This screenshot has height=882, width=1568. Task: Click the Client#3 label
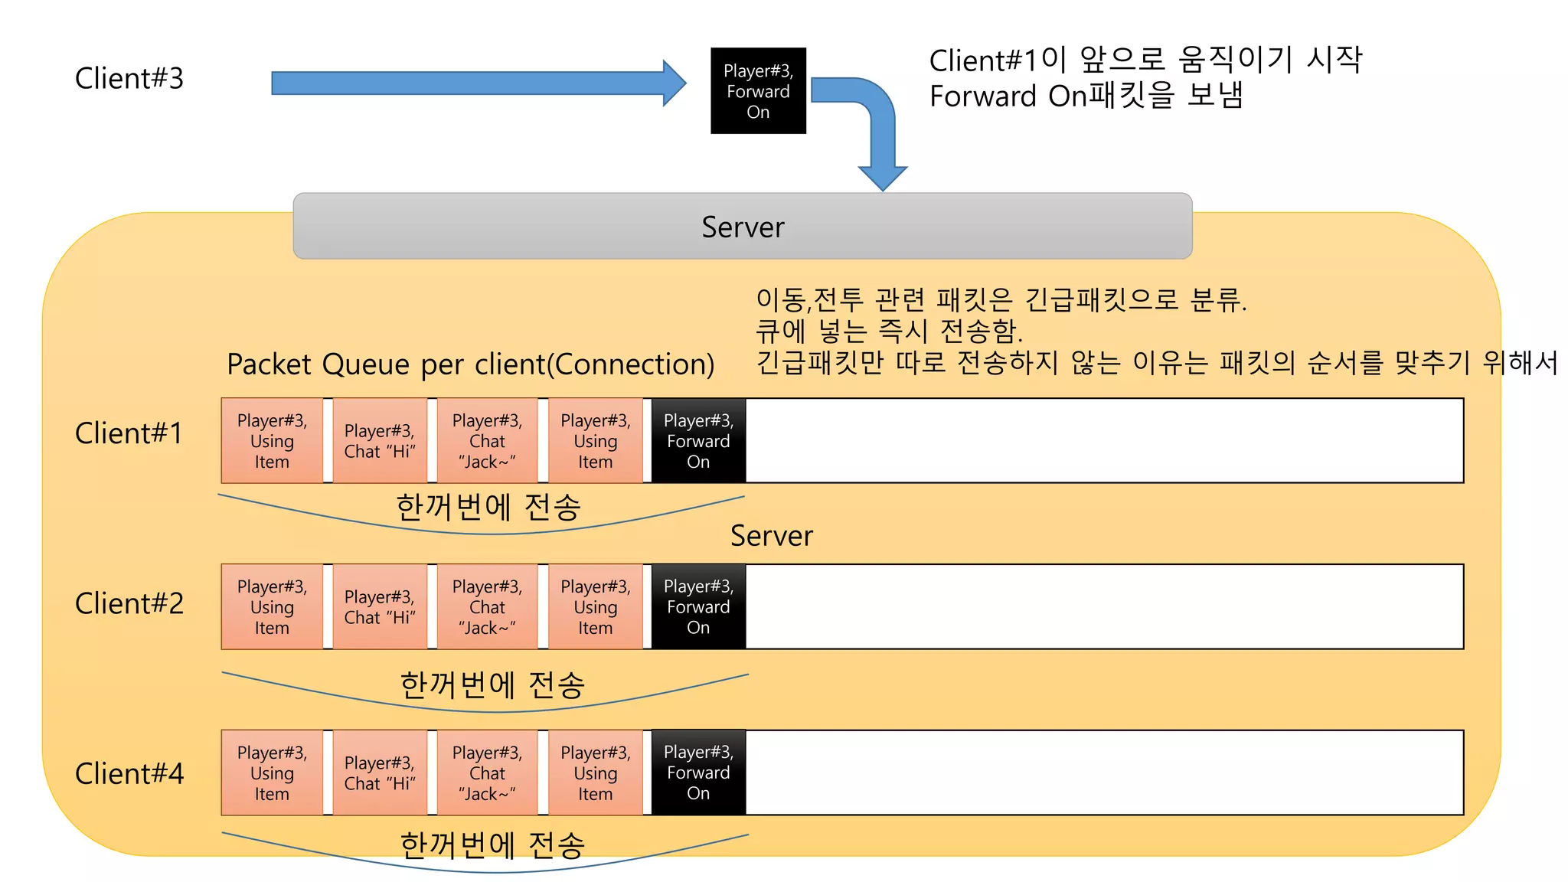(x=129, y=79)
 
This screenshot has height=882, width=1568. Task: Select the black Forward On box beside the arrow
(x=758, y=91)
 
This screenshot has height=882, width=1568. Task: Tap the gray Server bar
(x=742, y=227)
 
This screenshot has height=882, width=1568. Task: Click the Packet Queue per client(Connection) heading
(x=470, y=364)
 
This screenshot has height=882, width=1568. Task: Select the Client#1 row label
(x=129, y=433)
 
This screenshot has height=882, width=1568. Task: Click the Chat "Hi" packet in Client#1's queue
(x=380, y=441)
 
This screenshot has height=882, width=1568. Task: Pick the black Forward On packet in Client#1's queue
(x=698, y=441)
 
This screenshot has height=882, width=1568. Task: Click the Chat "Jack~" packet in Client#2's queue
(x=487, y=607)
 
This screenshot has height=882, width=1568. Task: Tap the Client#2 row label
(x=129, y=603)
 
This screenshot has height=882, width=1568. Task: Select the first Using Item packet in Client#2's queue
(x=272, y=607)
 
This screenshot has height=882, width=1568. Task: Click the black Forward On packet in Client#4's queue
(x=698, y=773)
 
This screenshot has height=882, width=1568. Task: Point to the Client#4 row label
(x=129, y=773)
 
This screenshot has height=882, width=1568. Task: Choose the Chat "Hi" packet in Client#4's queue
(x=380, y=773)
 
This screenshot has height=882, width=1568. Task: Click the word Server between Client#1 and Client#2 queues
(x=771, y=536)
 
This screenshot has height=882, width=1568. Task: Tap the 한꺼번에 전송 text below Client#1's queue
(x=488, y=507)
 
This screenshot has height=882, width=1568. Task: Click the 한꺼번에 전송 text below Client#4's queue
(x=492, y=845)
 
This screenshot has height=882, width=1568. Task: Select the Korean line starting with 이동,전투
(x=1001, y=299)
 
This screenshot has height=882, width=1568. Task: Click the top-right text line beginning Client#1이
(x=1145, y=60)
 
